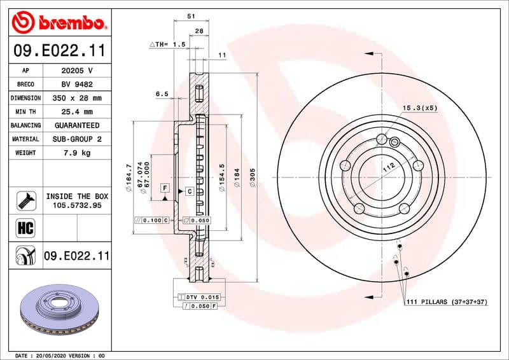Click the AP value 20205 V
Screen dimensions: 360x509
coord(76,71)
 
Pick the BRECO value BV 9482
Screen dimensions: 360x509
coord(76,85)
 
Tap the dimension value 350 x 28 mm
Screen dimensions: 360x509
coord(76,98)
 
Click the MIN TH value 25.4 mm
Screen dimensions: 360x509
coord(76,112)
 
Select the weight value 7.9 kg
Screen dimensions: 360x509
coord(76,153)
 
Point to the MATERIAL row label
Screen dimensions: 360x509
coord(25,139)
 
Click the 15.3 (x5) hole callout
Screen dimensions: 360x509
coord(420,109)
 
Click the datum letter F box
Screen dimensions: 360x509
coord(164,188)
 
